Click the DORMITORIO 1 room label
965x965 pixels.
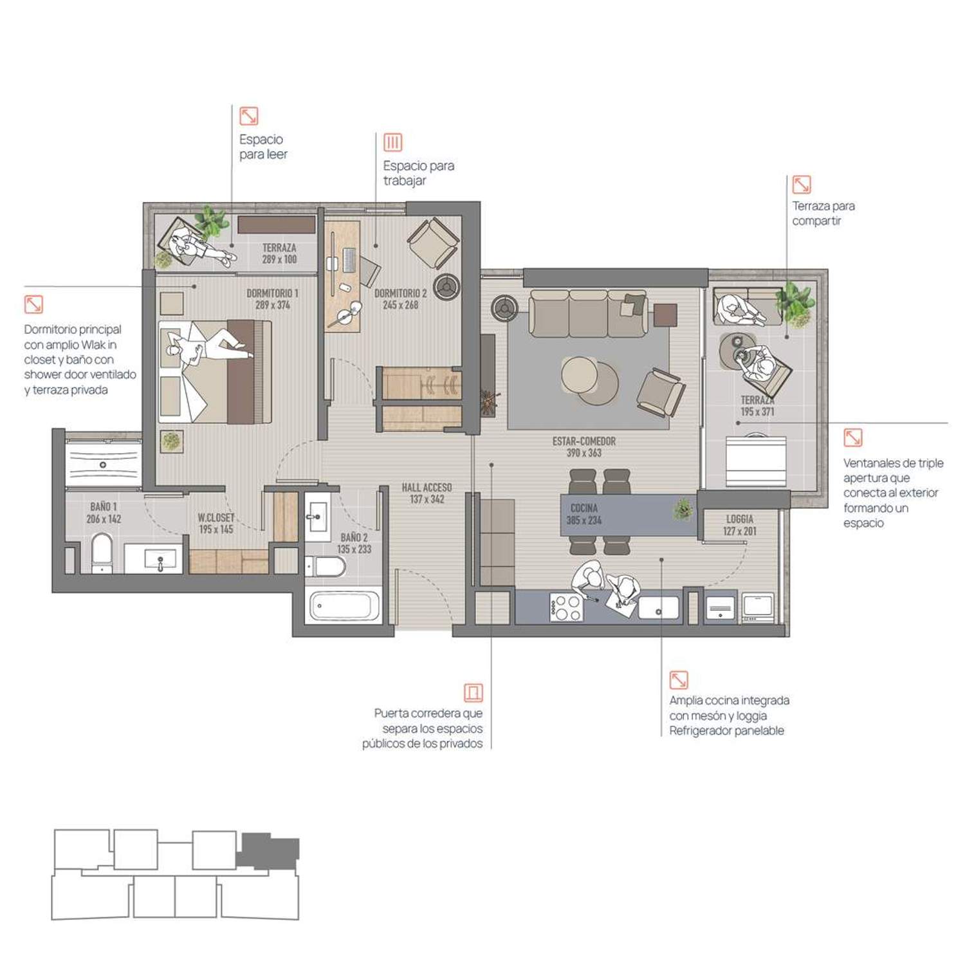coord(272,299)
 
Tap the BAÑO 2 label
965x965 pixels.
coord(354,543)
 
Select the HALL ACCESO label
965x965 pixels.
coord(427,493)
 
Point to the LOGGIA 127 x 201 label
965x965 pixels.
coord(740,525)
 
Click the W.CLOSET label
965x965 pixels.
coord(216,523)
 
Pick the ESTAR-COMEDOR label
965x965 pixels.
coord(584,447)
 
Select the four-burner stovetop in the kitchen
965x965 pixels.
coord(567,607)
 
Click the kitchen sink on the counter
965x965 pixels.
coord(658,607)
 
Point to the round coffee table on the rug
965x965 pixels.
coord(580,375)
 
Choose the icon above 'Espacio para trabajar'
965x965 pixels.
coord(392,142)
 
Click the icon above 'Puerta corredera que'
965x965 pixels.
coord(473,692)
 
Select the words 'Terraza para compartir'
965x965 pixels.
coord(823,213)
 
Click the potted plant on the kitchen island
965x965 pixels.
coord(683,510)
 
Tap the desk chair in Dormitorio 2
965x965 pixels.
coord(369,270)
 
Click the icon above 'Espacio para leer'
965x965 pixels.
coord(249,116)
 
